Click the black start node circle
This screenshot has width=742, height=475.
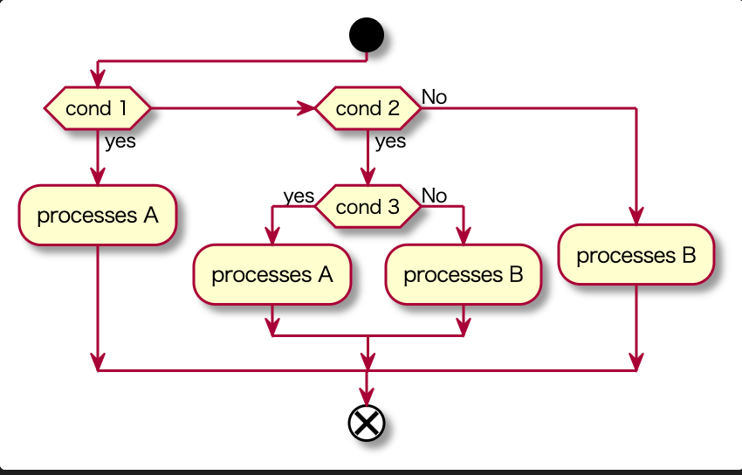click(x=367, y=36)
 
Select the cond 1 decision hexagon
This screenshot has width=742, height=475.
click(x=98, y=109)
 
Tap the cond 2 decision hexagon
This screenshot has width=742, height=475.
click(x=368, y=109)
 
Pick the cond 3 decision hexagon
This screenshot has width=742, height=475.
click(x=368, y=207)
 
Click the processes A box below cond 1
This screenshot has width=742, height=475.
click(x=98, y=215)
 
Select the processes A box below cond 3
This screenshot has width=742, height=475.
click(x=272, y=275)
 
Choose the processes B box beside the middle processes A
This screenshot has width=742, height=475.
click(x=464, y=275)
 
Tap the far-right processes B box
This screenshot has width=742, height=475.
click(x=636, y=255)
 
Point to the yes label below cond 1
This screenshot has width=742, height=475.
click(x=120, y=141)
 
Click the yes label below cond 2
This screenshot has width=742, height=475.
click(x=390, y=141)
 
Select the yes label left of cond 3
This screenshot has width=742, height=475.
click(x=299, y=196)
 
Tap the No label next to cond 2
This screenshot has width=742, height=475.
click(x=434, y=97)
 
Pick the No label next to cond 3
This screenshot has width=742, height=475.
click(x=434, y=196)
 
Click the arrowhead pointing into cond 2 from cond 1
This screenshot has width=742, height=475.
click(x=306, y=109)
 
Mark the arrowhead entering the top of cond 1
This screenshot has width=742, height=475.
click(x=98, y=79)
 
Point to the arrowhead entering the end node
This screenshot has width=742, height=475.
click(x=367, y=398)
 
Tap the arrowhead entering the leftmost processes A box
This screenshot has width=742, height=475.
click(x=98, y=176)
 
